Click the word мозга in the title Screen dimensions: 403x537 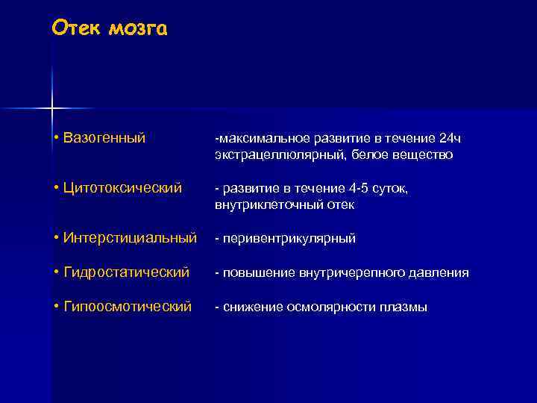[138, 28]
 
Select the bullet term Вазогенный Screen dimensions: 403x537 [104, 138]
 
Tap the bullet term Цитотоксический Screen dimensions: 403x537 [123, 188]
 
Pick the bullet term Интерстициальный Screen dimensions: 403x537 [131, 238]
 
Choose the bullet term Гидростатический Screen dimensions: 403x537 [127, 272]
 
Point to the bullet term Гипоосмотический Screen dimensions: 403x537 [128, 307]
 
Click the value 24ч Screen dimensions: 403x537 [451, 139]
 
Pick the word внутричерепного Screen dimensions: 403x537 [361, 273]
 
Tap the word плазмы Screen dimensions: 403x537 [407, 307]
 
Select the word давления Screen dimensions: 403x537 [443, 273]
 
